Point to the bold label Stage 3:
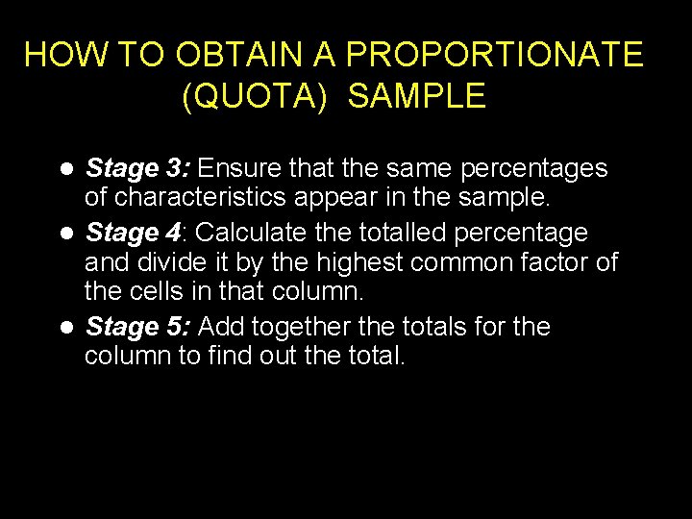point(138,169)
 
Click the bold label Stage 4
point(133,233)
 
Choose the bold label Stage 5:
point(138,327)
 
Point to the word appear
point(340,198)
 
